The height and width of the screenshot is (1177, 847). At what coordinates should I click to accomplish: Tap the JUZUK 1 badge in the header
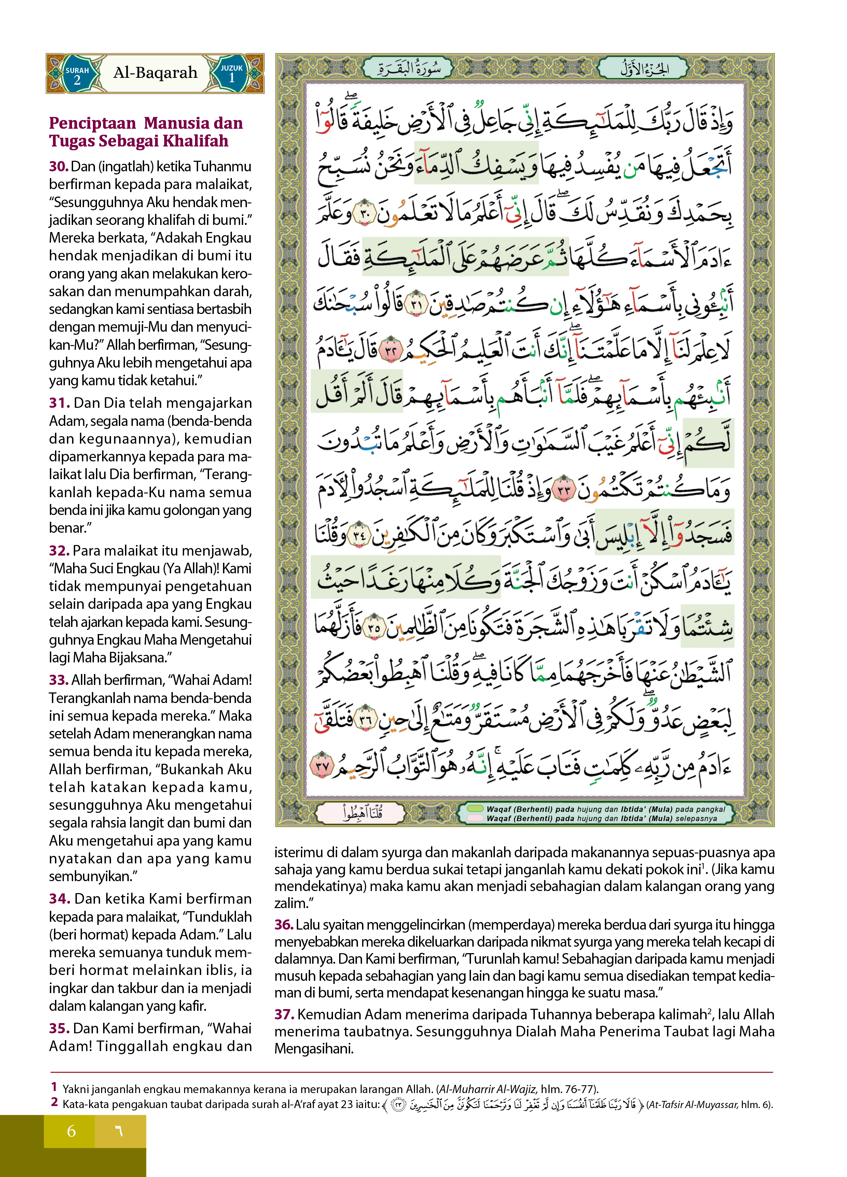click(x=232, y=74)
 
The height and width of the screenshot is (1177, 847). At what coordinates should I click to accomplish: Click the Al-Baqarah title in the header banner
click(x=155, y=73)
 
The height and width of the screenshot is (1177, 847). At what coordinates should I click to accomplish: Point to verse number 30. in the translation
click(x=59, y=167)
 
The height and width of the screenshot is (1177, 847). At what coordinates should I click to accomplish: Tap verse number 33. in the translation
click(x=59, y=680)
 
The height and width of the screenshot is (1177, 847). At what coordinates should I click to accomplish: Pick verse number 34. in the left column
click(x=60, y=899)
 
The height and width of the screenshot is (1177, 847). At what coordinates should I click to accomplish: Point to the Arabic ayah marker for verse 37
click(x=321, y=765)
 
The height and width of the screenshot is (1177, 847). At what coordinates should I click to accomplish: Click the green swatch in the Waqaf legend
click(x=475, y=808)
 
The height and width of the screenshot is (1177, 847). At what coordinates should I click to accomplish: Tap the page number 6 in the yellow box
click(x=71, y=1131)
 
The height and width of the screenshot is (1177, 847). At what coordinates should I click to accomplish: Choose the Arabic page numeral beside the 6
click(x=119, y=1131)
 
